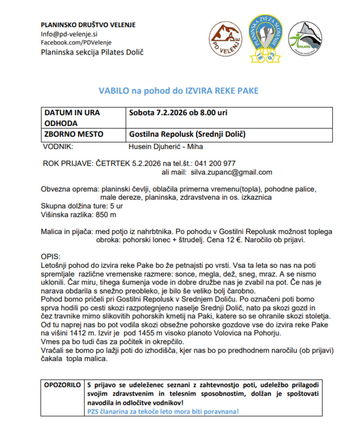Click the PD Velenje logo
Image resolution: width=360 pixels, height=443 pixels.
(x=227, y=39)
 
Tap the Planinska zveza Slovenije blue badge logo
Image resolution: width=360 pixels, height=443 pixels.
(x=266, y=39)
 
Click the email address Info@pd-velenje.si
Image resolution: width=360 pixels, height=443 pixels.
(x=67, y=34)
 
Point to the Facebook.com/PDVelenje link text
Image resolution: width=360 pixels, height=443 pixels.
(x=76, y=42)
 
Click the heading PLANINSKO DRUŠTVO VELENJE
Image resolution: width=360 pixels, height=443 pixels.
(x=88, y=25)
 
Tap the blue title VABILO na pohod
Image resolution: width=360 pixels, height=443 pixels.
(x=179, y=91)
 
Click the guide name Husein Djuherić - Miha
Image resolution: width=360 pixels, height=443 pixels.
(x=165, y=147)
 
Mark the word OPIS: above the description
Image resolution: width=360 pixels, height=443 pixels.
(x=50, y=257)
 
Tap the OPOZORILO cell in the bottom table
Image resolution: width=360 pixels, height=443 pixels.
(x=62, y=384)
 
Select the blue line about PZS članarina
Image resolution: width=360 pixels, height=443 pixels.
(x=163, y=412)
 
